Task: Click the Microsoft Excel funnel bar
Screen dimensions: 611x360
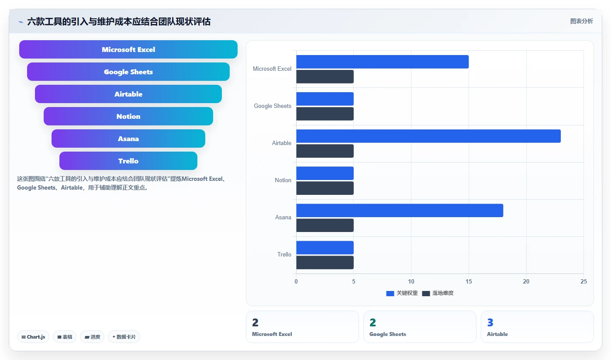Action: (x=128, y=49)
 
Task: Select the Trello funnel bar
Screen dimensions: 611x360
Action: (x=128, y=161)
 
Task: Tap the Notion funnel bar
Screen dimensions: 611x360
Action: (x=128, y=116)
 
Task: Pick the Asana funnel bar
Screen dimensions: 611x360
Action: (x=128, y=138)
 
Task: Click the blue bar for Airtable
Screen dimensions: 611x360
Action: (x=428, y=136)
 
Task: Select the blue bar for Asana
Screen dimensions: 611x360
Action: (x=400, y=211)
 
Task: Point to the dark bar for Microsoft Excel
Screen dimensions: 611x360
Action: (x=325, y=77)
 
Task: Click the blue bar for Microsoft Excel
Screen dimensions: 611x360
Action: (x=383, y=62)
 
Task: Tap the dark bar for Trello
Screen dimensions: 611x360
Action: (x=325, y=262)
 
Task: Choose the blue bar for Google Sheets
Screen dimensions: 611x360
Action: (x=325, y=99)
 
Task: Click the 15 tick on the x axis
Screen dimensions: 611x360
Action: (x=469, y=281)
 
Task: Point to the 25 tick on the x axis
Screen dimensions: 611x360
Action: (x=583, y=281)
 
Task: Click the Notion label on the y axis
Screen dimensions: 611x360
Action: (x=283, y=180)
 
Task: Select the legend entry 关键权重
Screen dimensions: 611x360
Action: (x=402, y=293)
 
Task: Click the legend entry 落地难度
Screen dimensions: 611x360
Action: (x=438, y=293)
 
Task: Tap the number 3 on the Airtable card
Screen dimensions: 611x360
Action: (x=490, y=322)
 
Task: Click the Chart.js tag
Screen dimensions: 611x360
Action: (x=33, y=337)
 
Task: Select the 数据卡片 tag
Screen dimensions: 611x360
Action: (x=124, y=337)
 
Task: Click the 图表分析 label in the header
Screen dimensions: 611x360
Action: (x=581, y=21)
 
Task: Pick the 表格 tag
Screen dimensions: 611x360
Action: (x=65, y=337)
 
